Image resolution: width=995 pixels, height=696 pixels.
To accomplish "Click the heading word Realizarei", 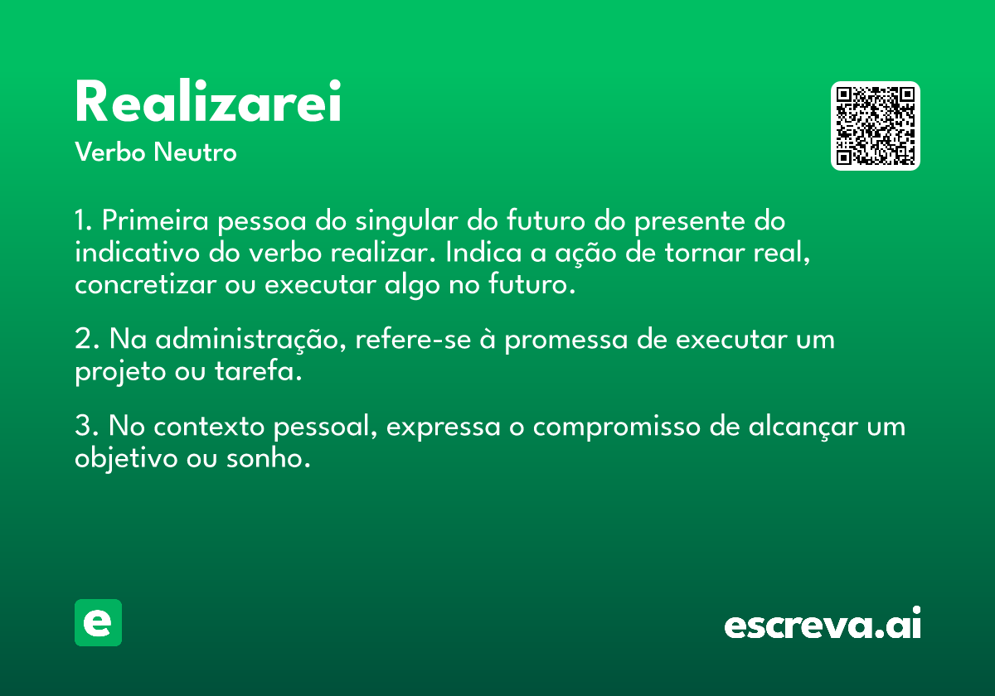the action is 208,101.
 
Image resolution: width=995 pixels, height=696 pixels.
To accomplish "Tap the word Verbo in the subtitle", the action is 110,152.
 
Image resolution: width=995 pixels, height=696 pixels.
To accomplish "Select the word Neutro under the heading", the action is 195,152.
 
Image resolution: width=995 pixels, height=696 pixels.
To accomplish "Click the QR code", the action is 875,126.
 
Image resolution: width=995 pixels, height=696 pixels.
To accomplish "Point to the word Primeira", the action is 155,220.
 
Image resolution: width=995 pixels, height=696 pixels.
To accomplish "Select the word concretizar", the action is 145,284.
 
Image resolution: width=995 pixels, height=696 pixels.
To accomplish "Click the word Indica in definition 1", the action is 483,253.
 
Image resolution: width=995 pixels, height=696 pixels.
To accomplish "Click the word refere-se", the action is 413,340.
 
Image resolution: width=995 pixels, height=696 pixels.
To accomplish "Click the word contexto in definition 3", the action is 209,427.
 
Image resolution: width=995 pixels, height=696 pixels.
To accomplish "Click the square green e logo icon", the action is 98,622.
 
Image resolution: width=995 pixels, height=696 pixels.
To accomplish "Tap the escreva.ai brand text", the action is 823,623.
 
